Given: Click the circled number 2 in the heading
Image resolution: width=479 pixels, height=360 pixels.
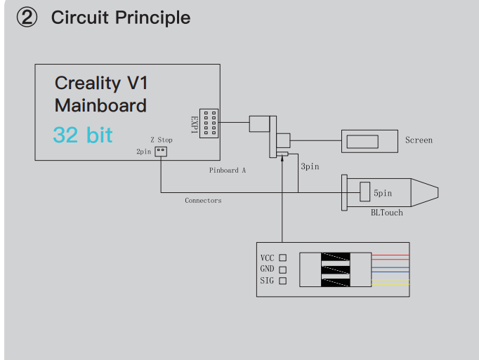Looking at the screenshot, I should [27, 18].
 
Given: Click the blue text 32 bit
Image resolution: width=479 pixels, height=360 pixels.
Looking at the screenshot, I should [82, 134].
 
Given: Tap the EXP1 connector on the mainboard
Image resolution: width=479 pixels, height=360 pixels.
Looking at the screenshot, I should [209, 123].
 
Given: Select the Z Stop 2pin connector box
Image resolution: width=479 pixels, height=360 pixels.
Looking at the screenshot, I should [162, 151].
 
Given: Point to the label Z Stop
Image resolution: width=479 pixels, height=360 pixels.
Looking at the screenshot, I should [161, 140].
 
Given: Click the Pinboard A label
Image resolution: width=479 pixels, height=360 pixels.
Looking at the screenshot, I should [228, 170].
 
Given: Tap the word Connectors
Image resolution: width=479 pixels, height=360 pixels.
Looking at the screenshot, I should [203, 201].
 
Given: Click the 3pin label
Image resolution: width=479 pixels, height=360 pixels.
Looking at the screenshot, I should [310, 167].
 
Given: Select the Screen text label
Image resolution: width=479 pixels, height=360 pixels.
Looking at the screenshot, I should [419, 140].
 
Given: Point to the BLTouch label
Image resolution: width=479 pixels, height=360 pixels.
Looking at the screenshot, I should [387, 212].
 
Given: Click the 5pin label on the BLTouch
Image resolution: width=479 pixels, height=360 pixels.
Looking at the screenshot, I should [383, 192].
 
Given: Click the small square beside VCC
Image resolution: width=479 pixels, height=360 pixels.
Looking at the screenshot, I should [283, 258].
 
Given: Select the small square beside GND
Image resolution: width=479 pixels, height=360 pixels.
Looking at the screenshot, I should [283, 269].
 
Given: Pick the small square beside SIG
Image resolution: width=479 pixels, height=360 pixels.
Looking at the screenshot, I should [283, 281].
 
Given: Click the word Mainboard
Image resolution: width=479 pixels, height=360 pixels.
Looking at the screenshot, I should [100, 106].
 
